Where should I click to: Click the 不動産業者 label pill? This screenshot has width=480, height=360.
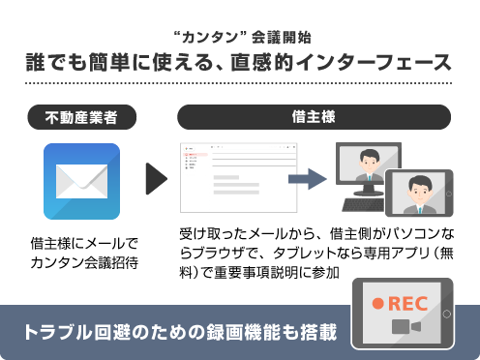[x=81, y=117]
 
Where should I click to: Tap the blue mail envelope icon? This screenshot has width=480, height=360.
[x=81, y=181]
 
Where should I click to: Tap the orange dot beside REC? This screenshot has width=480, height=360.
[x=378, y=303]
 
